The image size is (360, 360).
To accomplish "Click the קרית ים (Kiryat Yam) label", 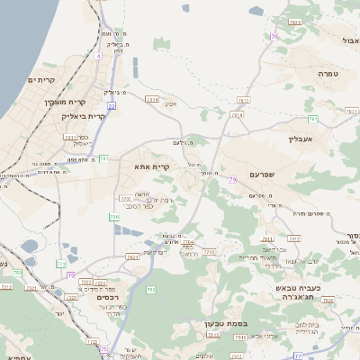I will pos(42,80).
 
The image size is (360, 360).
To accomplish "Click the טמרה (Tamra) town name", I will pos(328,72).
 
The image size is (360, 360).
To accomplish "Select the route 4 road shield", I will pos(97,55).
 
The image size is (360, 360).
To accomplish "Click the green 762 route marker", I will pos(151,289).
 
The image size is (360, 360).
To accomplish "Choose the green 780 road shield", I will pos(113,217).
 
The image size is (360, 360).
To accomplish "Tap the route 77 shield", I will pos(71,275).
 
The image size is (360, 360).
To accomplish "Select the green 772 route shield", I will pos(60,264).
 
